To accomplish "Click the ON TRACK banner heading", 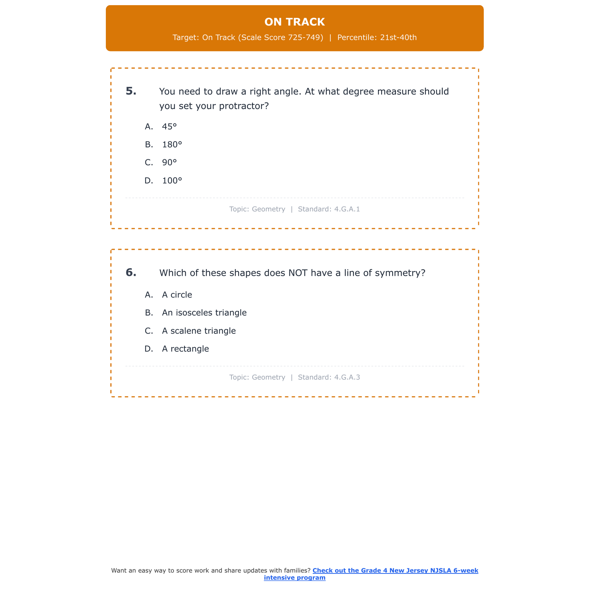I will pyautogui.click(x=295, y=22).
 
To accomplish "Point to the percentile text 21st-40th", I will pyautogui.click(x=398, y=38).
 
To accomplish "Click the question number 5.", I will pyautogui.click(x=131, y=91).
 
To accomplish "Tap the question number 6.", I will pyautogui.click(x=131, y=273).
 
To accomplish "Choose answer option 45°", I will pyautogui.click(x=170, y=127).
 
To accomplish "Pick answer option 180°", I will pyautogui.click(x=172, y=145).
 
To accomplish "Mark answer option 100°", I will pyautogui.click(x=172, y=181).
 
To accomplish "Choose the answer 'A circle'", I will pyautogui.click(x=177, y=295).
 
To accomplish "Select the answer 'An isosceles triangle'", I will pyautogui.click(x=204, y=313).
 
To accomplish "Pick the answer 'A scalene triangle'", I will pyautogui.click(x=199, y=331).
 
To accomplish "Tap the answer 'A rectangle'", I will pyautogui.click(x=185, y=349).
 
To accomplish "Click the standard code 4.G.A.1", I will pyautogui.click(x=347, y=209).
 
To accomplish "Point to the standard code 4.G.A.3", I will pyautogui.click(x=347, y=378).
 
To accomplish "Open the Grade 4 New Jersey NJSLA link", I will pyautogui.click(x=395, y=571).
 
